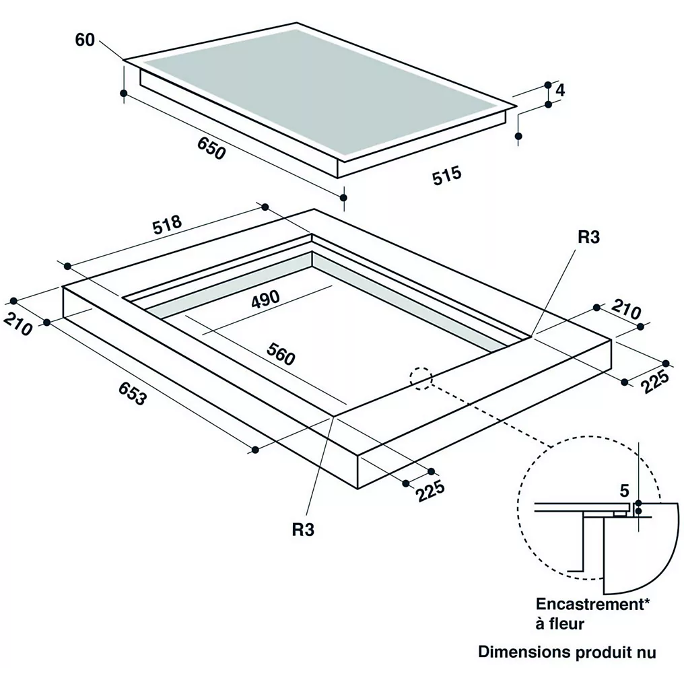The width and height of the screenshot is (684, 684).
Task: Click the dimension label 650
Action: [x=211, y=148]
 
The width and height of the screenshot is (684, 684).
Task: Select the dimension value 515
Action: [x=447, y=175]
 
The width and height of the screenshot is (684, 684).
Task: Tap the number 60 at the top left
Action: [x=85, y=40]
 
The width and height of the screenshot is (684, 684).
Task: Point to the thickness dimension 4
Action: [x=560, y=90]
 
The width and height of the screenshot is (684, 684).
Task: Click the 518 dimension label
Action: [x=167, y=224]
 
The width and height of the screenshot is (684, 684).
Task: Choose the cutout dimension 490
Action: [x=265, y=299]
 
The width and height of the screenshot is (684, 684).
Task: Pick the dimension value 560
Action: [x=281, y=353]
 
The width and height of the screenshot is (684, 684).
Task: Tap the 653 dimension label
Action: [x=132, y=393]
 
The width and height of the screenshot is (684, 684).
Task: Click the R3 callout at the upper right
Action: [x=588, y=237]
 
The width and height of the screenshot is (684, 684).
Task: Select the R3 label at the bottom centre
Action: [x=303, y=529]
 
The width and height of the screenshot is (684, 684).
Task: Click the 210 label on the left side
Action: [x=18, y=324]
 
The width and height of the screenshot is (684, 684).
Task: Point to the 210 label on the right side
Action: [x=626, y=309]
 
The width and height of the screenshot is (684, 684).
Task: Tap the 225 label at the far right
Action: [x=655, y=381]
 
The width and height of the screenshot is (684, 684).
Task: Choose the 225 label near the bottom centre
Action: [x=430, y=491]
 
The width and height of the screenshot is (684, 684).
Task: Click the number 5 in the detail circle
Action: [x=624, y=491]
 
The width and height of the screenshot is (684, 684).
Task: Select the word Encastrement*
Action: [x=592, y=604]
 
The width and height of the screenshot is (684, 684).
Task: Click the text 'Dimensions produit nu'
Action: [x=567, y=652]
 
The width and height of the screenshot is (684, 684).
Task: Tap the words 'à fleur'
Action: [x=559, y=623]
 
